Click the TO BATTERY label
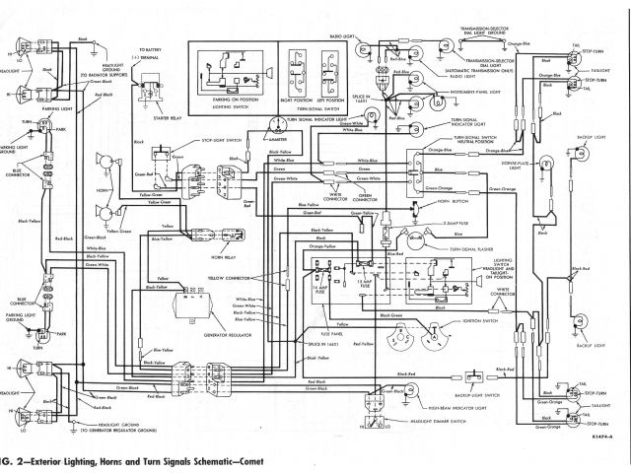(153, 49)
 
